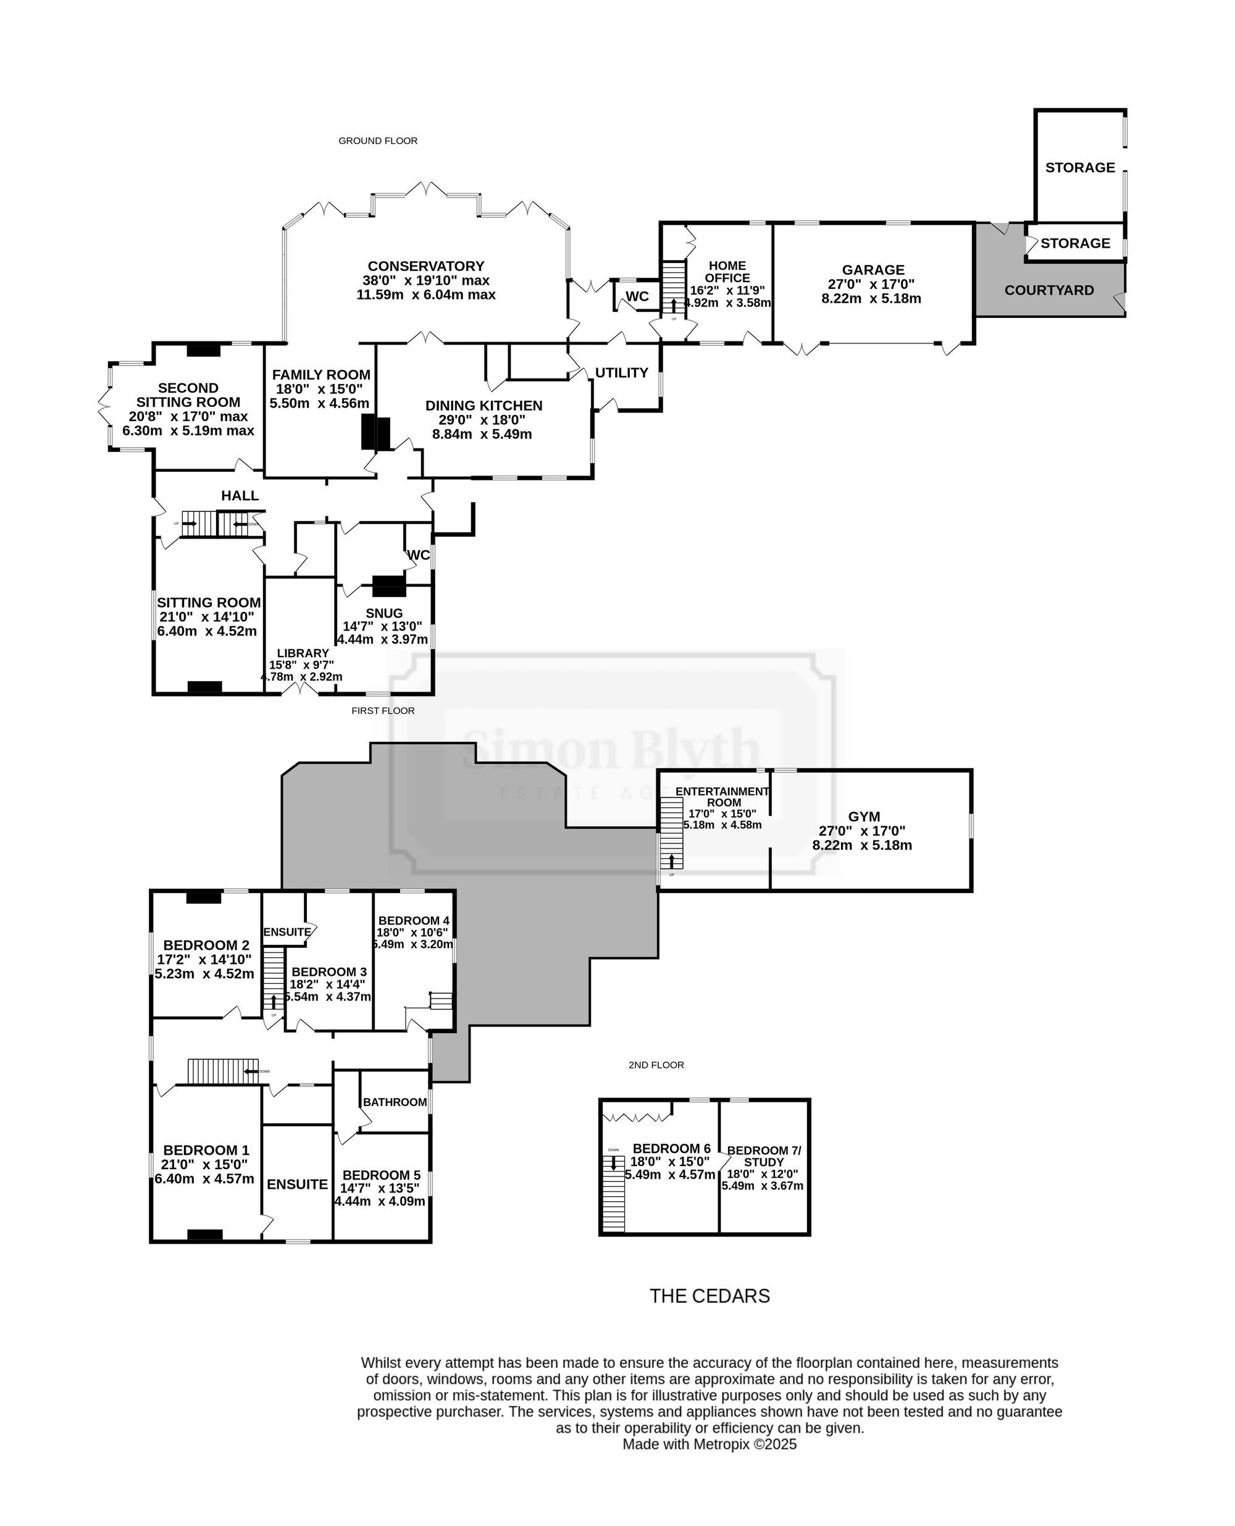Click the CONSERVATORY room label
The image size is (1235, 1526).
pyautogui.click(x=425, y=266)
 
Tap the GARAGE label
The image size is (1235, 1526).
pyautogui.click(x=873, y=270)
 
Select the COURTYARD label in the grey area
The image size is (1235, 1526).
pyautogui.click(x=1049, y=290)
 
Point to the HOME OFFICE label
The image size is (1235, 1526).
pyautogui.click(x=727, y=272)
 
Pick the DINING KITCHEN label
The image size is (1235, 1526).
pyautogui.click(x=484, y=406)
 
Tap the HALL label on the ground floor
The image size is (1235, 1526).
pyautogui.click(x=240, y=496)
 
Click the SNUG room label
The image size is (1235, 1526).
pyautogui.click(x=384, y=613)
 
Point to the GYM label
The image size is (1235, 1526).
pyautogui.click(x=864, y=816)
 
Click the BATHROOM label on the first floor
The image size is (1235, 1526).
pyautogui.click(x=395, y=1102)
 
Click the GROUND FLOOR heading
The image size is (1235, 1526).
pyautogui.click(x=378, y=141)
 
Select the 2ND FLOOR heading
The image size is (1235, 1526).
pyautogui.click(x=656, y=1065)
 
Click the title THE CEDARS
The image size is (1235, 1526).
pyautogui.click(x=710, y=1296)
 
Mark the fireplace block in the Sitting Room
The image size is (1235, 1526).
pyautogui.click(x=205, y=687)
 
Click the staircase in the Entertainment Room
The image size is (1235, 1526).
pyautogui.click(x=671, y=832)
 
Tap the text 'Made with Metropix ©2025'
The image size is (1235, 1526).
pyautogui.click(x=710, y=1444)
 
